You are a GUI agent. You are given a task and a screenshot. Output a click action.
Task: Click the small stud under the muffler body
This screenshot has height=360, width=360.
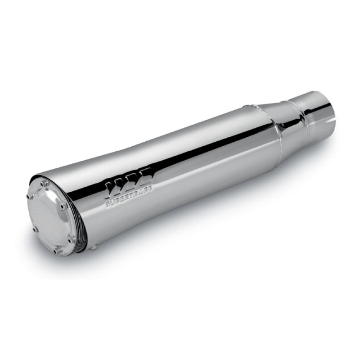[x=96, y=247]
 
